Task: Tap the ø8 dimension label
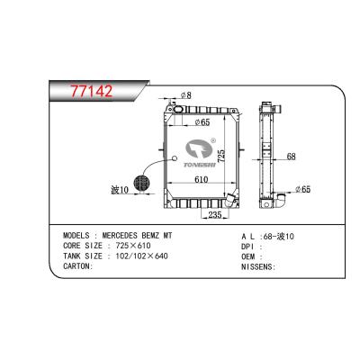(x=186, y=94)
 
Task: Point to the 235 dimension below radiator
(x=215, y=216)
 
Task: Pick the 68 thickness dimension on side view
(x=292, y=157)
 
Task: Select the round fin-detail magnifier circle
(x=141, y=181)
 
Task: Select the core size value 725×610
(x=135, y=245)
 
